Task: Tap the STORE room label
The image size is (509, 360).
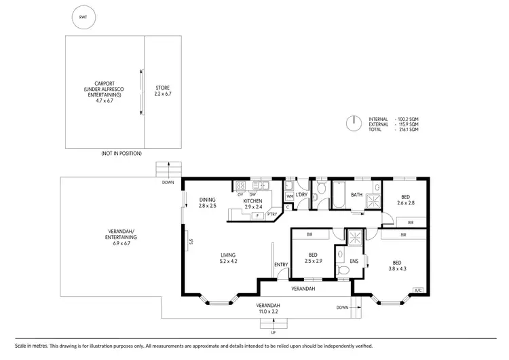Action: point(162,90)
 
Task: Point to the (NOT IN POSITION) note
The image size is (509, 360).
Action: point(121,154)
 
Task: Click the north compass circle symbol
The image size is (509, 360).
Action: point(353,124)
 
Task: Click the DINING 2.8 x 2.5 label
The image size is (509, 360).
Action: point(208,202)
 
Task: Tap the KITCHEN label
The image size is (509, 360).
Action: point(253,201)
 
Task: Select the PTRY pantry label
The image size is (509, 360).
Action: point(271,215)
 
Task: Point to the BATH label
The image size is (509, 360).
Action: point(356,196)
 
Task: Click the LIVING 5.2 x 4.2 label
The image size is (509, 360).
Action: point(227,259)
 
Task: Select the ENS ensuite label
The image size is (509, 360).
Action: point(354,261)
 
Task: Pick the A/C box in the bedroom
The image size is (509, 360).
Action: point(418,291)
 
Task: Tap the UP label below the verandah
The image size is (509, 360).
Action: point(274,333)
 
